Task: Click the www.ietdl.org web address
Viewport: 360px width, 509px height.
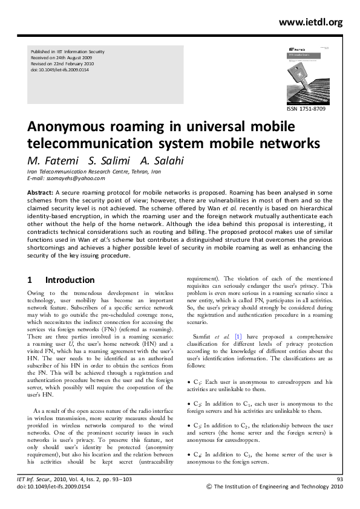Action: tap(310, 22)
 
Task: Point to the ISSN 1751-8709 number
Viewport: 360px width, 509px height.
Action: tap(309, 109)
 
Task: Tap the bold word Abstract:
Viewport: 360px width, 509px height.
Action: tap(41, 192)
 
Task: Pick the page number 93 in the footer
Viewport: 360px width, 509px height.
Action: tap(339, 479)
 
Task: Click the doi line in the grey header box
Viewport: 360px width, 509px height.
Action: tap(59, 71)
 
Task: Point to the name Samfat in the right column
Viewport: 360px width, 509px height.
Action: tap(202, 336)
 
